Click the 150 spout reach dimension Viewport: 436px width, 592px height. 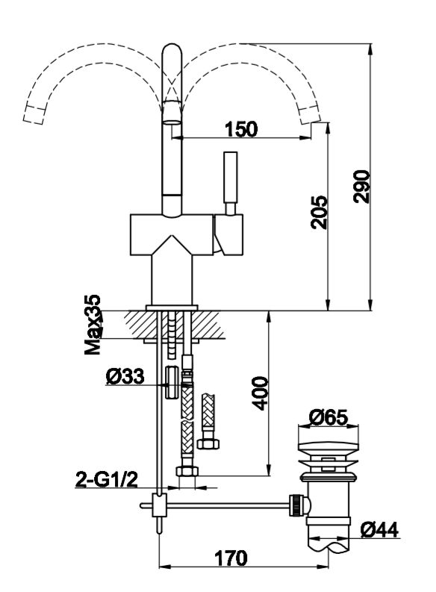[x=241, y=129]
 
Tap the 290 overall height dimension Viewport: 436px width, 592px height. [x=361, y=187]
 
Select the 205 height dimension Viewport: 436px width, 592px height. [x=319, y=212]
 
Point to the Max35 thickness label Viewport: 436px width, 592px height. [x=93, y=325]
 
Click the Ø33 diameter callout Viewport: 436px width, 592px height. [x=125, y=376]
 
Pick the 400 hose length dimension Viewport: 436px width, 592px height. [x=260, y=393]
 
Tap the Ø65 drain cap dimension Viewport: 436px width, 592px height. [x=328, y=417]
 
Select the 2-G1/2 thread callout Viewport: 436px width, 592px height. [x=107, y=480]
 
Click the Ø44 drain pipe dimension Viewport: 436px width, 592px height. [x=379, y=530]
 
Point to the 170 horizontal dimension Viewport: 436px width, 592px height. [x=231, y=558]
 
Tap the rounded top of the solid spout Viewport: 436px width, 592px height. [x=172, y=51]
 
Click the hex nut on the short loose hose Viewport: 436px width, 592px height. [x=208, y=443]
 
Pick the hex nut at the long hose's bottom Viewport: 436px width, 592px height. [x=187, y=471]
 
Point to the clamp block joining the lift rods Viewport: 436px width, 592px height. [x=158, y=505]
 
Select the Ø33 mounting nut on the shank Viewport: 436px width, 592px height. [x=172, y=381]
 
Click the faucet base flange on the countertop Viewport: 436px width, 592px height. [x=172, y=308]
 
